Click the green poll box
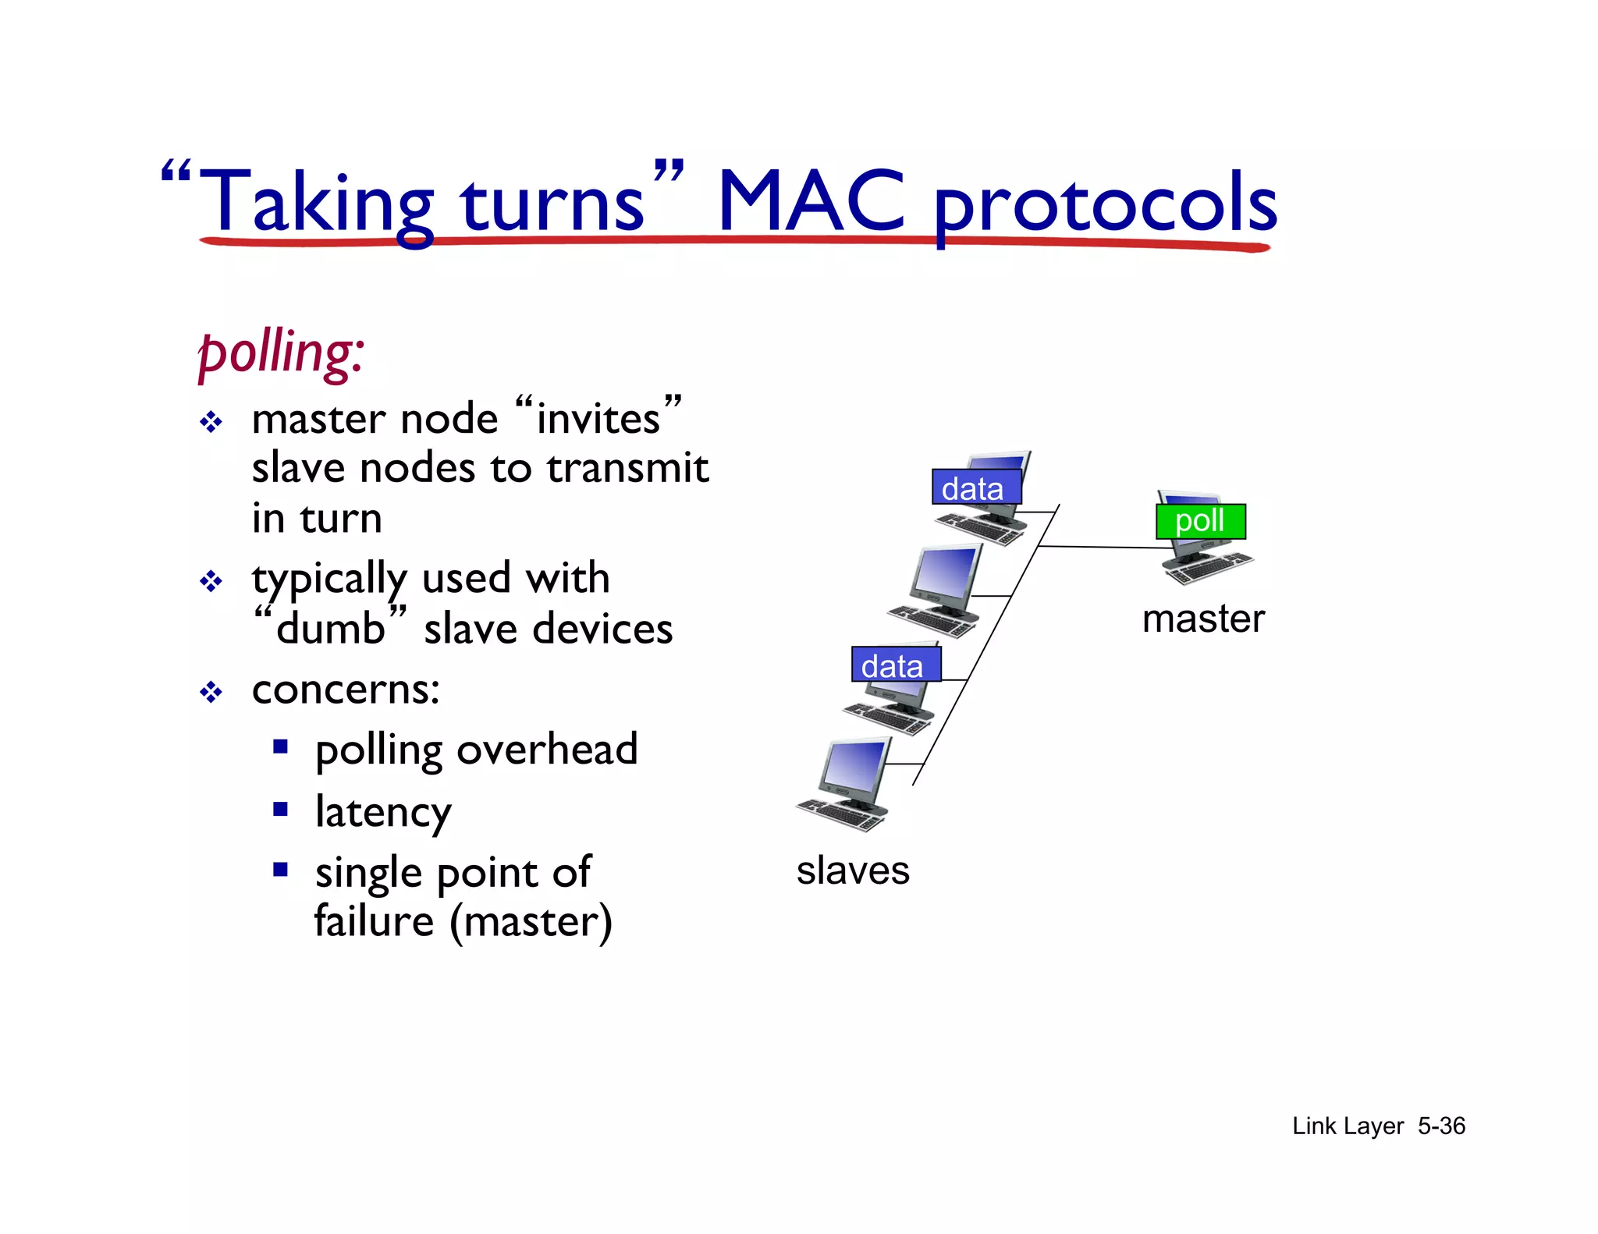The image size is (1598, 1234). [x=1199, y=521]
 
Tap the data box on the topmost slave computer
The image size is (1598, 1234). [x=976, y=488]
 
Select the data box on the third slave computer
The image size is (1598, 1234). [x=895, y=665]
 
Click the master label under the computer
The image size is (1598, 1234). [x=1202, y=619]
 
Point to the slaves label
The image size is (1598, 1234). [x=852, y=871]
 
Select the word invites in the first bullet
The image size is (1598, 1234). [x=598, y=420]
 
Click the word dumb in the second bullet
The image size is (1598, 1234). [x=331, y=629]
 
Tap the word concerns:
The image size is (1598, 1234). [x=346, y=690]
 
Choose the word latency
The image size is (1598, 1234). [x=383, y=813]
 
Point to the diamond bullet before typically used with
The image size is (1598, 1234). [x=211, y=581]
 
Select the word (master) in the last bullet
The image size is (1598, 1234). [x=531, y=922]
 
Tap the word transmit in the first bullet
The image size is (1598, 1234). [x=627, y=468]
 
